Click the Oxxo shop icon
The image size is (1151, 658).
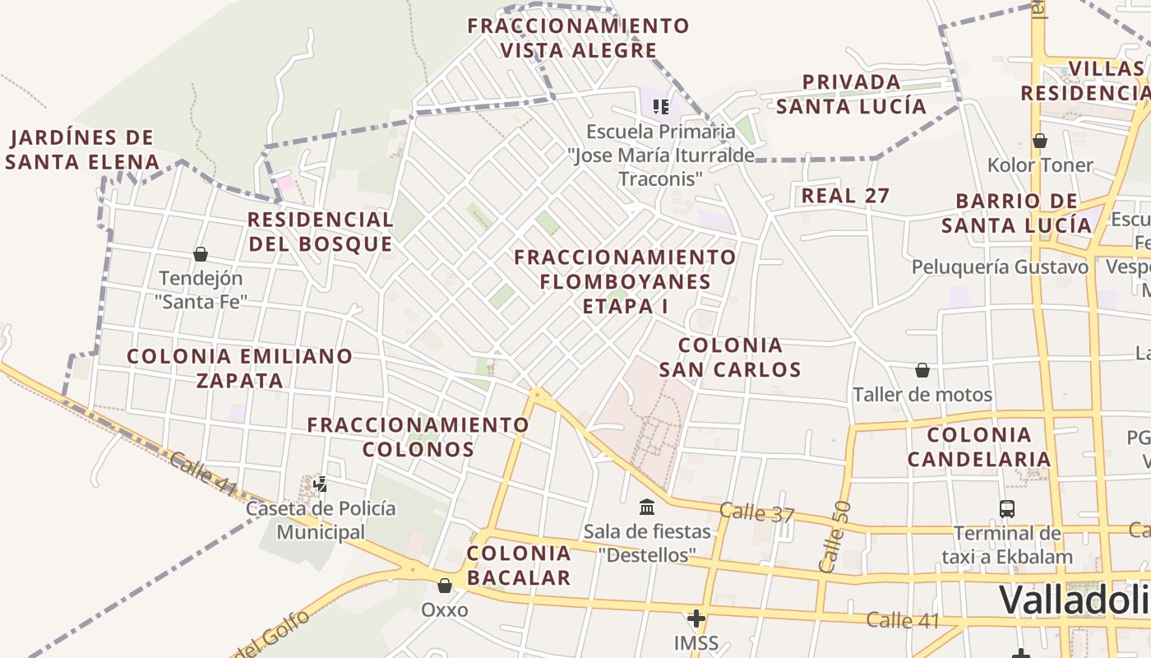coord(445,586)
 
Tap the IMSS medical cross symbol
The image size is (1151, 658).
coord(696,618)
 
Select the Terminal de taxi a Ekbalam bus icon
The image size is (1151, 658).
coord(1007,508)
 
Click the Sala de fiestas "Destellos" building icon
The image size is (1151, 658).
coord(647,506)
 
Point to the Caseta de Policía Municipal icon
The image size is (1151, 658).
coord(321,484)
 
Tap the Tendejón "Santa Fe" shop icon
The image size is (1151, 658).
coord(201,254)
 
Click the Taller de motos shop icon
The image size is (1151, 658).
coord(922,370)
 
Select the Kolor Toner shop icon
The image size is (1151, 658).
coord(1040,141)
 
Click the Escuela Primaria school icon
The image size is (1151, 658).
coord(660,106)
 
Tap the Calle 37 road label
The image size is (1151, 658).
coord(757,513)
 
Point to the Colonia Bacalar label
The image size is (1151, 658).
coord(518,565)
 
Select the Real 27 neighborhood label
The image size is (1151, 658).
coord(845,196)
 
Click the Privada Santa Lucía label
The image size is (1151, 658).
coord(851,94)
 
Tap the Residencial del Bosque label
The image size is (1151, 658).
coord(321,232)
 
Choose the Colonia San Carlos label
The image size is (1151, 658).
coord(730,357)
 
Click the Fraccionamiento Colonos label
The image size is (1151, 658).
coord(418,437)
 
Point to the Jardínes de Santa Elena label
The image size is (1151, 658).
coord(82,149)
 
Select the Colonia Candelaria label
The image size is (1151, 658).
coord(979,447)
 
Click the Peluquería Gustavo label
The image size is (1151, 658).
coord(1000,266)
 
